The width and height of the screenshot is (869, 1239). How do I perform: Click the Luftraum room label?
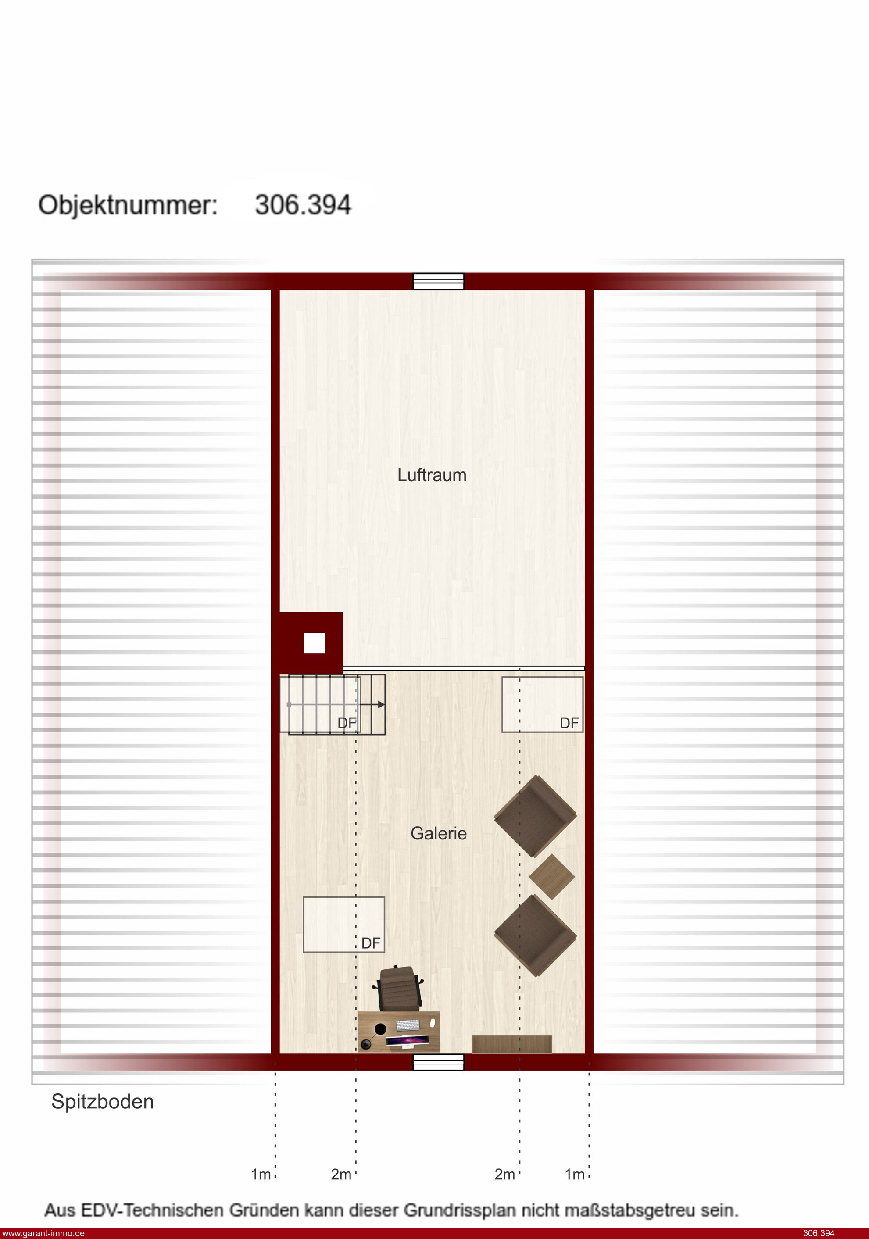[x=432, y=475]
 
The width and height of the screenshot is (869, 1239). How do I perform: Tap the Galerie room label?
[x=438, y=833]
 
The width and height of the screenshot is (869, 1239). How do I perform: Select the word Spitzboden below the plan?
[x=103, y=1101]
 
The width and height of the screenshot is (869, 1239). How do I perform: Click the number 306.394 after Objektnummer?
[x=303, y=205]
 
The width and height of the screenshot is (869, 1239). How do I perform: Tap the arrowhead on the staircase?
[x=381, y=704]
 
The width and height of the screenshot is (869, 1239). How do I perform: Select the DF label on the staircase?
[x=347, y=723]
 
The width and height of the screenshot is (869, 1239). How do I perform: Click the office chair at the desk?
[x=398, y=989]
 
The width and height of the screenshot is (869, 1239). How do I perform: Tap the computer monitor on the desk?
[x=408, y=1040]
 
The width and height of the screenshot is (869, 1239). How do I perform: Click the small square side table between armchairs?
[x=552, y=876]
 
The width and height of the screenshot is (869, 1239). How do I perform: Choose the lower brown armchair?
[x=536, y=936]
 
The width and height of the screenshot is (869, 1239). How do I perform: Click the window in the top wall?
[x=438, y=281]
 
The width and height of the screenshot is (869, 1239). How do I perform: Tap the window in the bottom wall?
[x=438, y=1062]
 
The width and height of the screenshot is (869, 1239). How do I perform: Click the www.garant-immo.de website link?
[x=43, y=1233]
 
